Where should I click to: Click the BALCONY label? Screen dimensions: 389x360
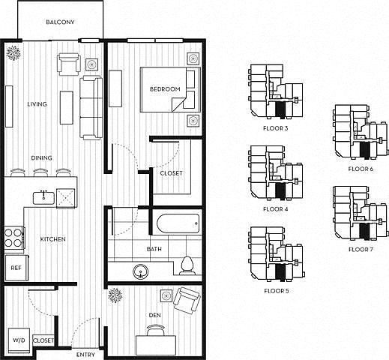click(x=60, y=22)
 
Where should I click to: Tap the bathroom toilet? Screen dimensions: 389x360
click(x=187, y=265)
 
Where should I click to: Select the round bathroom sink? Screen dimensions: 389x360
click(x=140, y=271)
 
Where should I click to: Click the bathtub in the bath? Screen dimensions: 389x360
click(x=178, y=223)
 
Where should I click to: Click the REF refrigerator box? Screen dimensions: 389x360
click(x=16, y=268)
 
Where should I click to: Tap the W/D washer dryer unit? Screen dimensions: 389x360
click(x=19, y=340)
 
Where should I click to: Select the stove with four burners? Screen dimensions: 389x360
click(x=14, y=238)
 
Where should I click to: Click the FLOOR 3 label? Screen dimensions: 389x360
click(x=276, y=128)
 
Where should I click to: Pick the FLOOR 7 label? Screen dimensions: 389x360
click(x=361, y=250)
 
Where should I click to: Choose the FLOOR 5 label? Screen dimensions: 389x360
click(x=277, y=291)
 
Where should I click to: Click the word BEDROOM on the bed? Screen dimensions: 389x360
click(x=165, y=89)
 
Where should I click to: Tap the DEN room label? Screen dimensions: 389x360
click(x=154, y=315)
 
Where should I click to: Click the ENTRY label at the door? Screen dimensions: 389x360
click(x=85, y=355)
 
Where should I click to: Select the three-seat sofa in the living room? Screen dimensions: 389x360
click(x=91, y=107)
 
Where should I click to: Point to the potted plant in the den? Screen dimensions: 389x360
click(x=115, y=295)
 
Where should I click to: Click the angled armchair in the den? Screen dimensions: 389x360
click(x=187, y=301)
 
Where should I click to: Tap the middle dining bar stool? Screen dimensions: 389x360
click(x=40, y=172)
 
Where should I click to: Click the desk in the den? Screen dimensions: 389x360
click(x=156, y=345)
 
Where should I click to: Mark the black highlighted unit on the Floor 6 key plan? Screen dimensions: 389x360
click(x=364, y=150)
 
